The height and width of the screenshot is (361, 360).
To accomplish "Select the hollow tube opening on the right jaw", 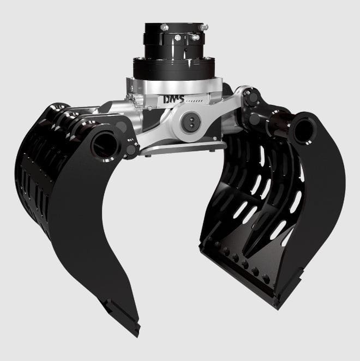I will (303, 128).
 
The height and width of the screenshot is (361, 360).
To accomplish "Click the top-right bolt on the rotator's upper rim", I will (203, 26).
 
